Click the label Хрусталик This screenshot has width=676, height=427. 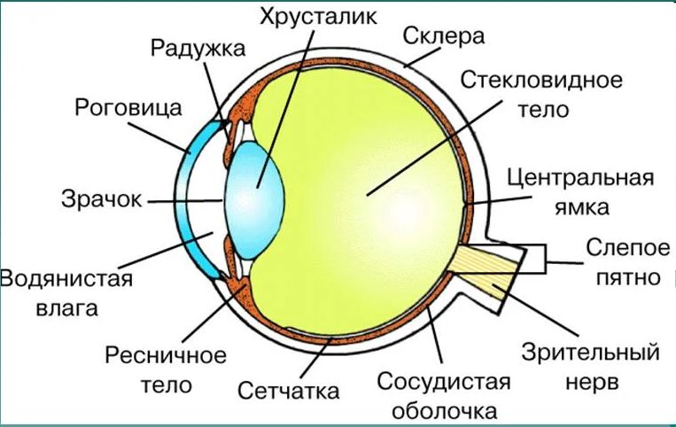coord(319,17)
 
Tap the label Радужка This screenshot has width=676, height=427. coord(198,49)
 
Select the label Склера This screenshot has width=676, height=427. coord(444,36)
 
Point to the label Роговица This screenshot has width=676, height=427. coord(128,108)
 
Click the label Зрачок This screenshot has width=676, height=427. coord(102,199)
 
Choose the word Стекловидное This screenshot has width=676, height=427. coord(541,80)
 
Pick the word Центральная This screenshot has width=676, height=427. coord(580,177)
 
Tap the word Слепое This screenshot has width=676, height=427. coord(627,248)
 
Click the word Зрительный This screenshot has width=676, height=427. coord(591,352)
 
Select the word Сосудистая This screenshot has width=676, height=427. coord(444,382)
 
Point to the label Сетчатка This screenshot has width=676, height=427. coord(289,391)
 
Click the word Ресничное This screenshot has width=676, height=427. coord(166,356)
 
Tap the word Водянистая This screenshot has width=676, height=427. coord(66,278)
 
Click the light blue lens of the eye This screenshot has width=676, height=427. coord(255,201)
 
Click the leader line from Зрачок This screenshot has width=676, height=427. coord(185,201)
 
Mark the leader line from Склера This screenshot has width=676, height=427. coord(423,57)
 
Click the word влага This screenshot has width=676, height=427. coord(66,309)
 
